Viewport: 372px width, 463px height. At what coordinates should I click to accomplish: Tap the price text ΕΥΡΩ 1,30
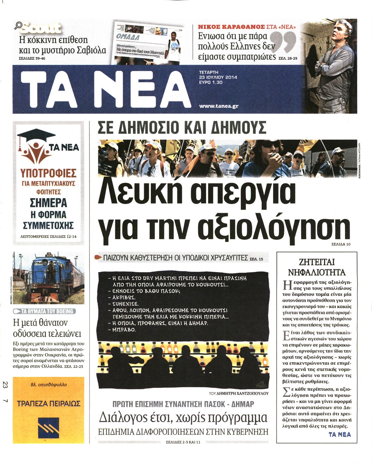point(211,82)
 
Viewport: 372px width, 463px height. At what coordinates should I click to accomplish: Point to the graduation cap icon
point(32,137)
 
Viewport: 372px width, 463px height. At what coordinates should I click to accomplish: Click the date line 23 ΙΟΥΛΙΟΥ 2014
point(218,77)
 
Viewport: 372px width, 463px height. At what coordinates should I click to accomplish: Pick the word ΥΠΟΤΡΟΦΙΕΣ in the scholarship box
point(48,173)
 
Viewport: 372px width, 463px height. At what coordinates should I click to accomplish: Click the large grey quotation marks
point(284,42)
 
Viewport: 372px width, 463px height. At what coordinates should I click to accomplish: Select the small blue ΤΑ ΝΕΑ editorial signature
point(339,435)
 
